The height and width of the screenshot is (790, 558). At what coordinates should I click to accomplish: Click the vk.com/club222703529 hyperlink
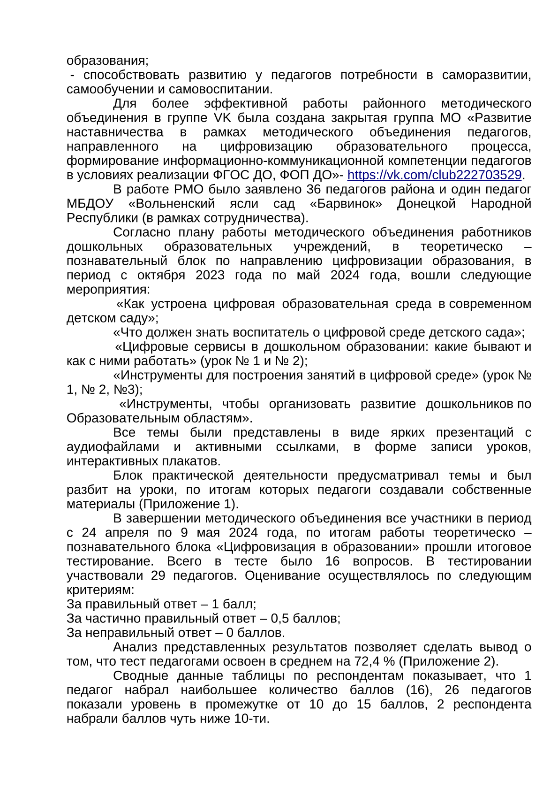[x=434, y=175]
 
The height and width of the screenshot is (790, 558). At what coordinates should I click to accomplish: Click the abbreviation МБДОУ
[x=90, y=204]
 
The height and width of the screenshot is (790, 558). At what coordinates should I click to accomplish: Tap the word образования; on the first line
[x=107, y=61]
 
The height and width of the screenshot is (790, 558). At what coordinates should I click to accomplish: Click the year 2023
[x=210, y=275]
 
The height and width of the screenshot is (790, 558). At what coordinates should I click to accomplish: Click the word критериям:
[x=100, y=590]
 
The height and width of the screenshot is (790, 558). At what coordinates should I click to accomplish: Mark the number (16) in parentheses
[x=417, y=690]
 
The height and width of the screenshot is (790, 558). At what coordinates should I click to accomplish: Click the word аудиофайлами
[x=113, y=447]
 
